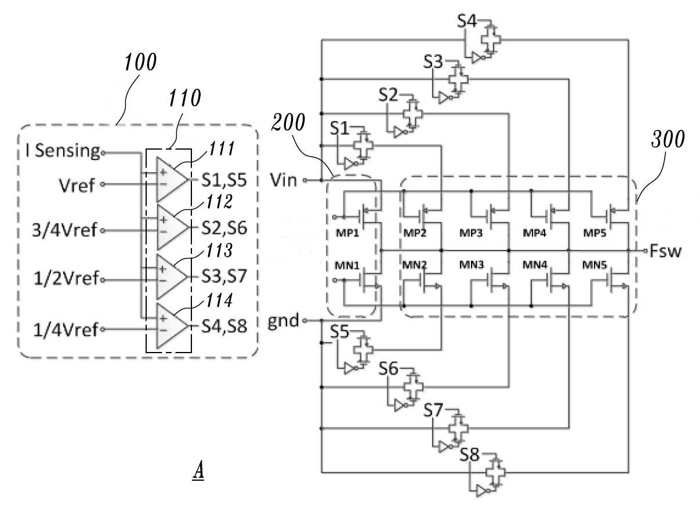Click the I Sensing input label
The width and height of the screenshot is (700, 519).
(63, 151)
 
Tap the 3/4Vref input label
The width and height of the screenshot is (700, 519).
(64, 230)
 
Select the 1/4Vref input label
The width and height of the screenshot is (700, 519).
(66, 329)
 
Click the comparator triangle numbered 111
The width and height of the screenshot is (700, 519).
(172, 180)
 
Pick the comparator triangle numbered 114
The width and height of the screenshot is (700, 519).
(172, 326)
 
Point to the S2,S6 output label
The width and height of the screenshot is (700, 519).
(224, 228)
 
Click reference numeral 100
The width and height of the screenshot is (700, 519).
(140, 62)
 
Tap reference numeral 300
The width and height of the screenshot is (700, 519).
(668, 139)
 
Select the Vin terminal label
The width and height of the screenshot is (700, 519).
(284, 180)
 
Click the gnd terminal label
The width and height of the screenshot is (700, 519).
(283, 321)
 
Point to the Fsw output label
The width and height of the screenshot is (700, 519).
(666, 251)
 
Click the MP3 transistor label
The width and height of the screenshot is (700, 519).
(471, 233)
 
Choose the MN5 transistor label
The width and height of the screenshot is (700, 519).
(594, 264)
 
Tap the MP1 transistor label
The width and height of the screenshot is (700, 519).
(347, 233)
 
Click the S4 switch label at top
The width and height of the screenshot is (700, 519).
(467, 21)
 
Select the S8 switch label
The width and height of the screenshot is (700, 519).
(469, 455)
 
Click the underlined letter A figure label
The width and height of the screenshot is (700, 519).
(198, 470)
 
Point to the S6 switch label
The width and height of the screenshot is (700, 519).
(389, 368)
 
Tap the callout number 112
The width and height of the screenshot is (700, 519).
(220, 201)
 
